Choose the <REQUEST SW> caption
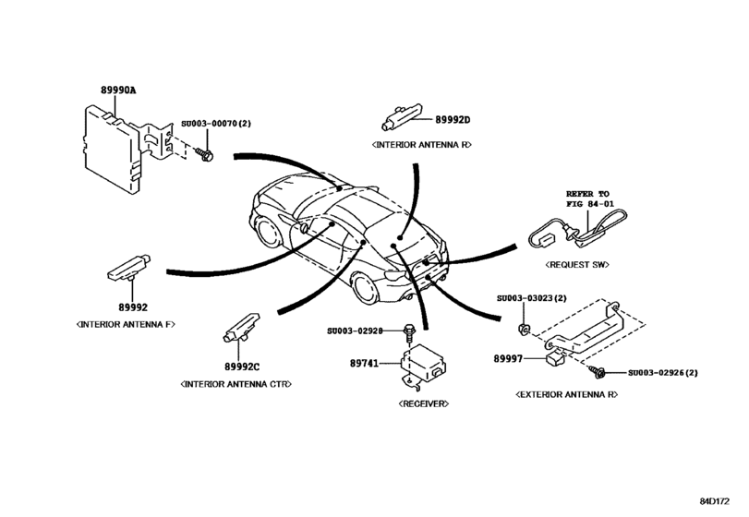(x=572, y=264)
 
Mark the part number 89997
(x=508, y=355)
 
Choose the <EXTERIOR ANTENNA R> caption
(x=554, y=394)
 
